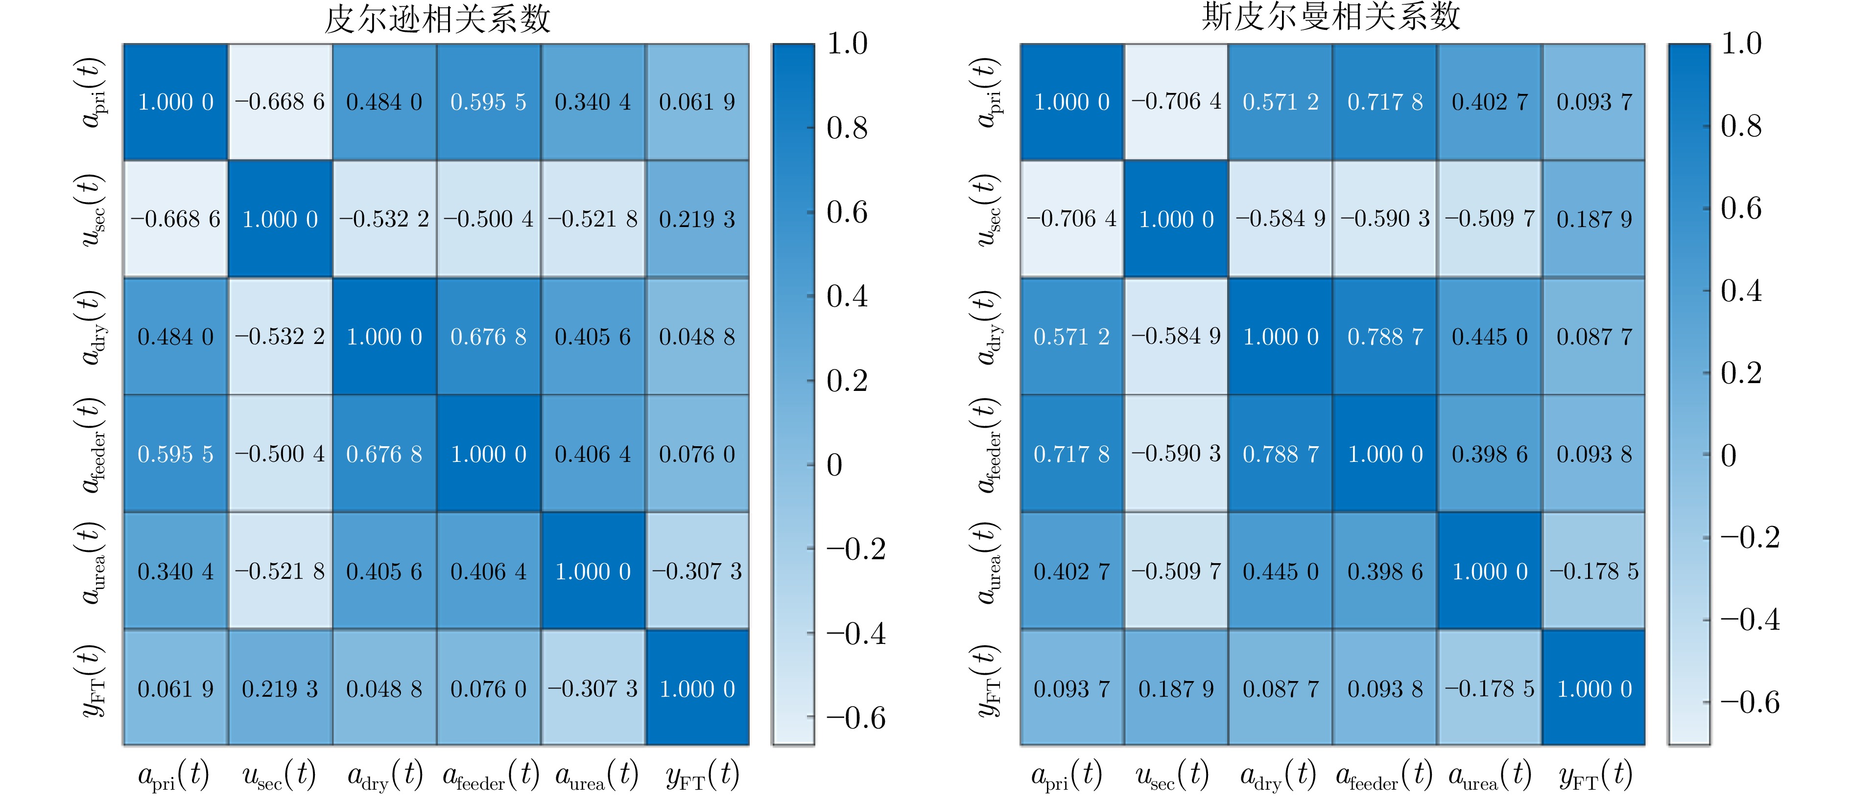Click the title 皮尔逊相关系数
(x=437, y=20)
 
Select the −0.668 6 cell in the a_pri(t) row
(x=280, y=102)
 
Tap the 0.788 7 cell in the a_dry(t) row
(x=1385, y=336)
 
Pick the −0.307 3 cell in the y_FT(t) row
(x=593, y=689)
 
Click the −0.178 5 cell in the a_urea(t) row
(x=1594, y=571)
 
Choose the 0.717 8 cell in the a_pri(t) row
(x=1385, y=102)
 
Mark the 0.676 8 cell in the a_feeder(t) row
(x=384, y=454)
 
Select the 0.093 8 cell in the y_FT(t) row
(x=1385, y=689)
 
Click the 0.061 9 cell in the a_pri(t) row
(x=697, y=102)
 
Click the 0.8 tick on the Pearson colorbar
(x=847, y=128)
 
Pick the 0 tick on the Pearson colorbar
(x=834, y=465)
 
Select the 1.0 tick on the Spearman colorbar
(x=1740, y=43)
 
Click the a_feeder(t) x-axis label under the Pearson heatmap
(x=490, y=775)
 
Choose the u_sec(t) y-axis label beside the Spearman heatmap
(x=988, y=210)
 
